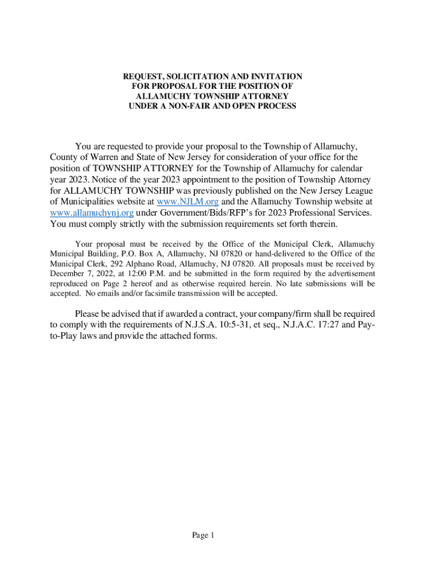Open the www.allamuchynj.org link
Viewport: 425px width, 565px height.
pos(92,213)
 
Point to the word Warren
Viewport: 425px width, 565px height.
pos(97,157)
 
